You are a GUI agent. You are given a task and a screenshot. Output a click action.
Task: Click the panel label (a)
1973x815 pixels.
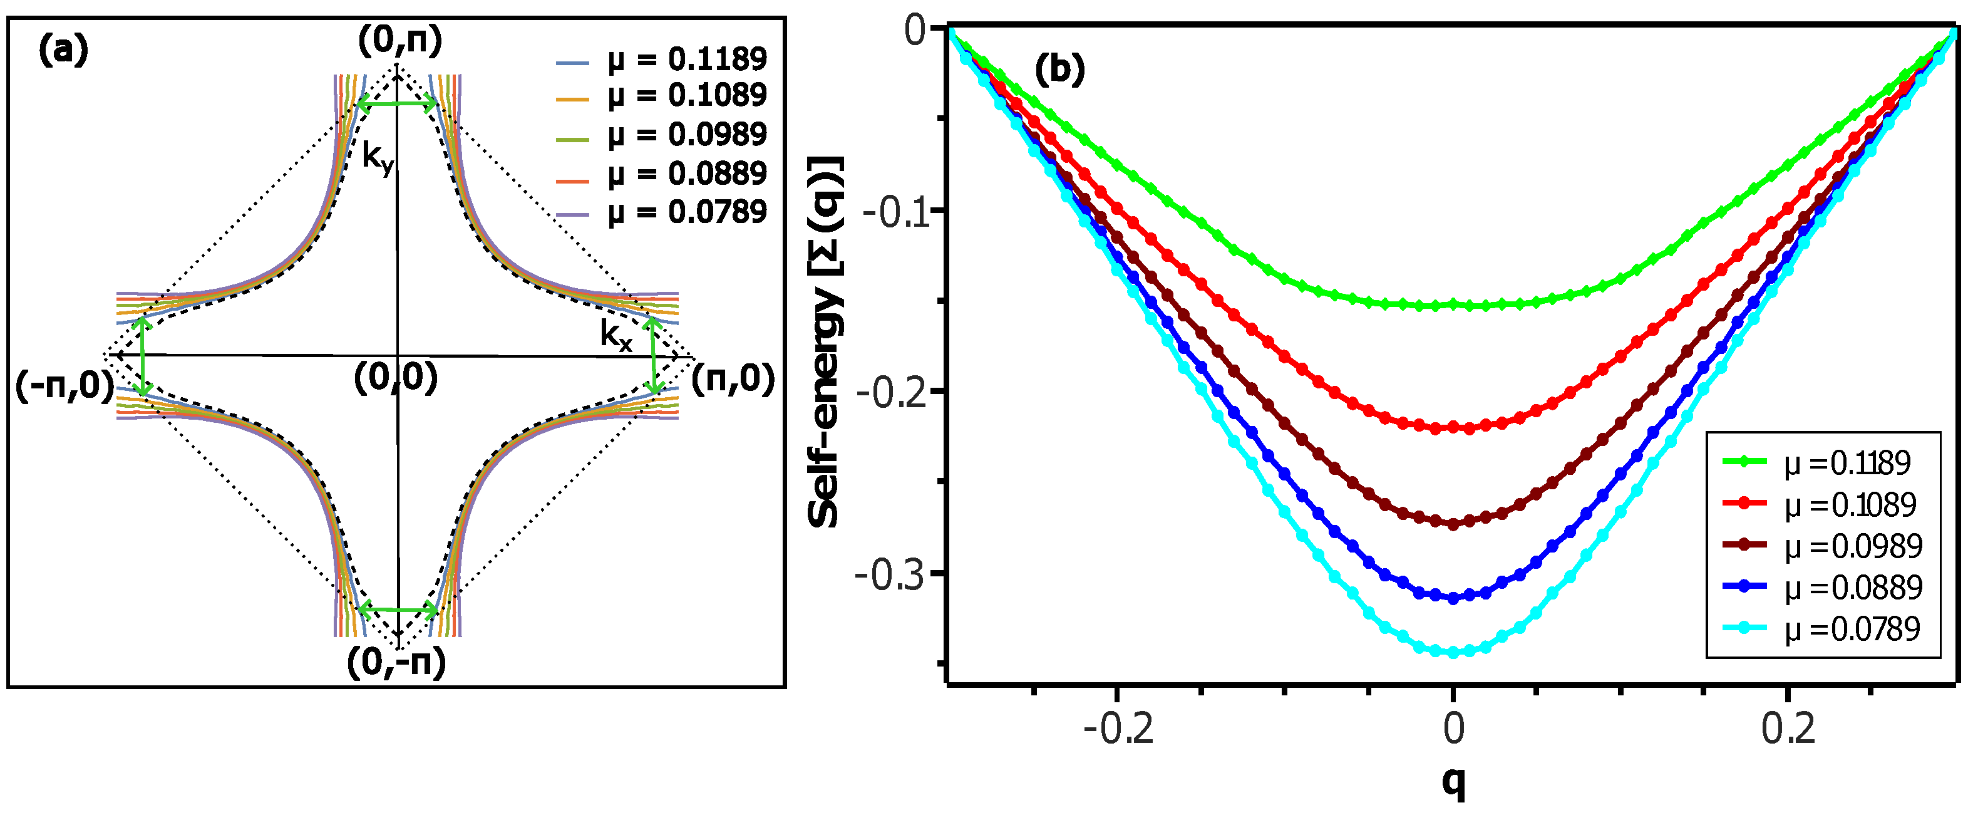pyautogui.click(x=63, y=51)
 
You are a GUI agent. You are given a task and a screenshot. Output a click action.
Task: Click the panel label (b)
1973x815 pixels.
pyautogui.click(x=1060, y=70)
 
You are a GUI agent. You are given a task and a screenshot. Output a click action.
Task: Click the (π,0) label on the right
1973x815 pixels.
pyautogui.click(x=733, y=380)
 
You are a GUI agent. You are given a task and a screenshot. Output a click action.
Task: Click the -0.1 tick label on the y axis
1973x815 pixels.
pyautogui.click(x=892, y=212)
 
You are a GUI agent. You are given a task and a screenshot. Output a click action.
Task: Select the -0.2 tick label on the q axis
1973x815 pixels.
pyautogui.click(x=1118, y=729)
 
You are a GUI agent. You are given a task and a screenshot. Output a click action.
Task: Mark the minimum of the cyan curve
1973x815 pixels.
pyautogui.click(x=1453, y=653)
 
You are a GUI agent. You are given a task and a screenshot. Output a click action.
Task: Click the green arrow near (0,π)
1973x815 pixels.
pyautogui.click(x=398, y=104)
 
